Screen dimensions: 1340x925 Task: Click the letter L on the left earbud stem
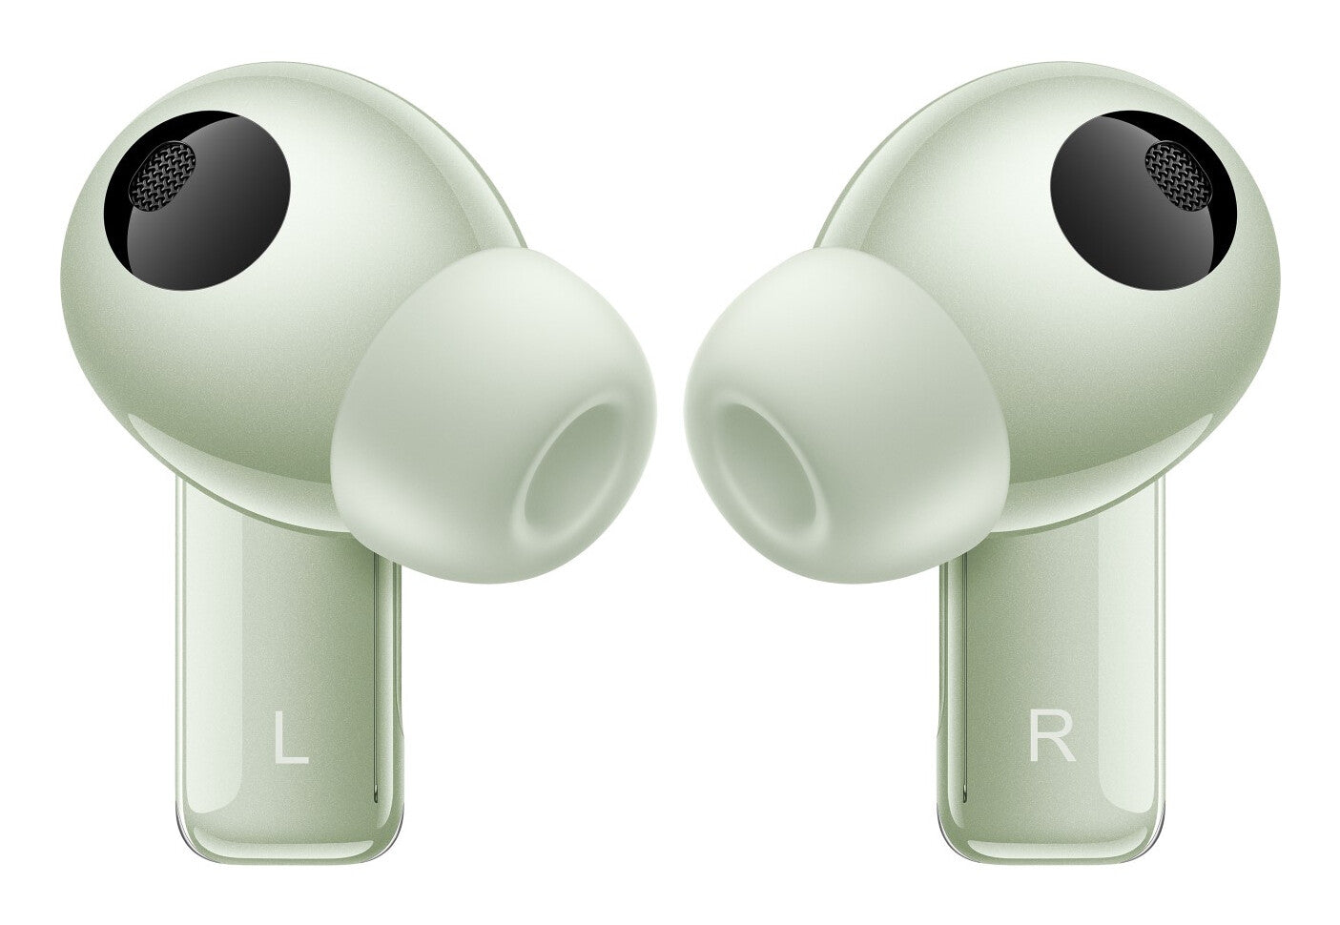[291, 736]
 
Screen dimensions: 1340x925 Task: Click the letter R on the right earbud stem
[1052, 736]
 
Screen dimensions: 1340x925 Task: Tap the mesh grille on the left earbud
[163, 176]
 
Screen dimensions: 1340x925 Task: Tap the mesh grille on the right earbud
[1178, 176]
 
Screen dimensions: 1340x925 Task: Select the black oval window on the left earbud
[196, 200]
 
